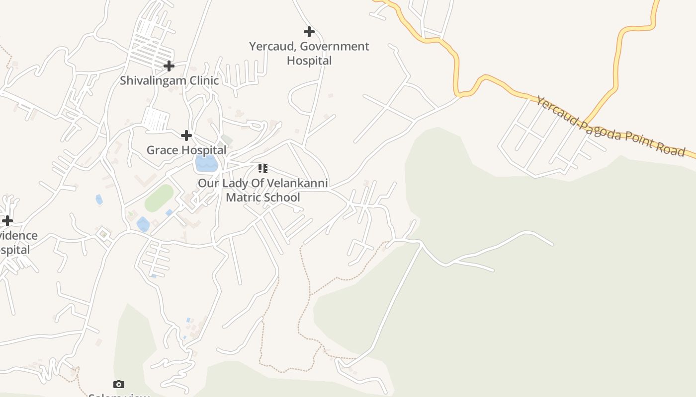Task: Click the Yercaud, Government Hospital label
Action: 309,54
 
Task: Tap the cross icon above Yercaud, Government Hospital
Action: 309,32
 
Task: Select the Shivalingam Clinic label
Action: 169,80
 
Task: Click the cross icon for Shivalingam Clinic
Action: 169,66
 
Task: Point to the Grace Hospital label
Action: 186,150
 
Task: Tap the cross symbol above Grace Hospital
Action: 186,135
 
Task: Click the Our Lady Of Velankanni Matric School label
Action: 263,190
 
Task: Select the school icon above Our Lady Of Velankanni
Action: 263,169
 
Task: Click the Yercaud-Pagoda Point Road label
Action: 610,127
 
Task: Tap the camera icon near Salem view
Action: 118,384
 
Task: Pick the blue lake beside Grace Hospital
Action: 206,163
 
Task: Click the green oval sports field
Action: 159,198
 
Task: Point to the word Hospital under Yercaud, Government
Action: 309,61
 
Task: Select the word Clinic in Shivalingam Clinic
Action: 202,80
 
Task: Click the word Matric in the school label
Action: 243,197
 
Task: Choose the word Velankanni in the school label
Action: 297,183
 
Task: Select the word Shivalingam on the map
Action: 152,80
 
